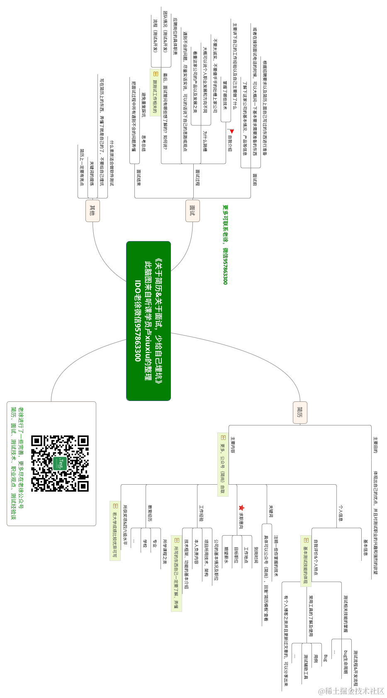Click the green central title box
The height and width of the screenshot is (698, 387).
coord(148,321)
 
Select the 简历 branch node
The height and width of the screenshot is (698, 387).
coord(300,412)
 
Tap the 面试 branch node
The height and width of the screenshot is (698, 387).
coord(192,210)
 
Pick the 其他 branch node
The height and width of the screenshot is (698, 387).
coord(92,210)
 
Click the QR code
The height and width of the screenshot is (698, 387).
coord(60,463)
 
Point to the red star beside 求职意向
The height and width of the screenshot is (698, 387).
coord(241,507)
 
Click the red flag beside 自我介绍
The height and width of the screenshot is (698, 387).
coord(231,131)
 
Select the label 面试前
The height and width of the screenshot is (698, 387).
coord(255,180)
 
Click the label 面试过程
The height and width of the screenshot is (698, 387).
coord(197,177)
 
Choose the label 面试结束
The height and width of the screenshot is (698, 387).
coord(139,177)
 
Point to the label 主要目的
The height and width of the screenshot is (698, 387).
coord(375,444)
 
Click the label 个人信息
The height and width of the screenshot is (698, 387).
coord(341,513)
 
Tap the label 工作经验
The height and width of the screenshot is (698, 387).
coord(202,513)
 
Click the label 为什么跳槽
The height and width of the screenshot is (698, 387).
coord(205,141)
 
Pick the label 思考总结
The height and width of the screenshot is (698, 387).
coord(144,143)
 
